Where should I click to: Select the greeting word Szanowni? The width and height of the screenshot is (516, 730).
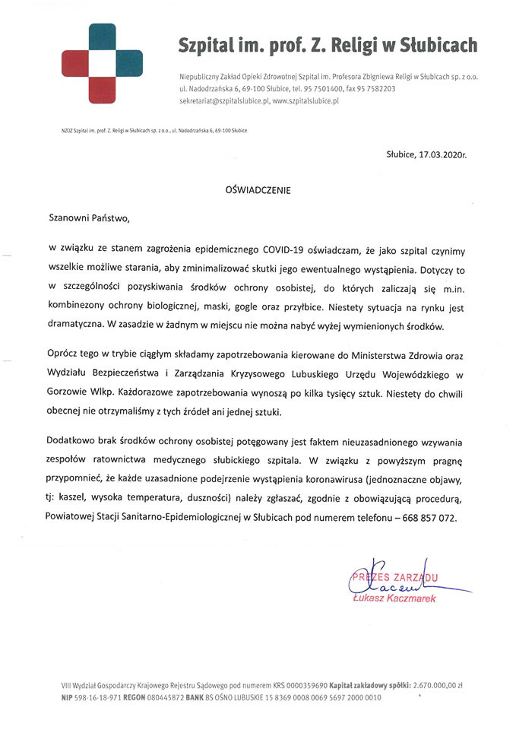click(71, 217)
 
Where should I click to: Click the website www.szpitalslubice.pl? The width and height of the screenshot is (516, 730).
click(305, 100)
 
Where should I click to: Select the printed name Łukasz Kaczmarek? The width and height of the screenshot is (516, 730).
click(394, 599)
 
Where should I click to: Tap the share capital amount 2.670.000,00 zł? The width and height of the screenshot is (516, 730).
click(436, 684)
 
